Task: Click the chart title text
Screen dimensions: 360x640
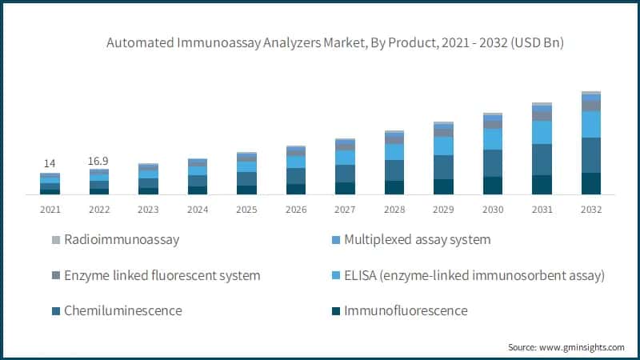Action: click(x=335, y=43)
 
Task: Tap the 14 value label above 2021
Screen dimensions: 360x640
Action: click(x=50, y=163)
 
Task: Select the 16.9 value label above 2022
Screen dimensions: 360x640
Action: click(x=99, y=161)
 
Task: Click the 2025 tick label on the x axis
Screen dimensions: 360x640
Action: click(x=246, y=210)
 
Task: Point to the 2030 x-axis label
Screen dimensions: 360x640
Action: click(x=493, y=210)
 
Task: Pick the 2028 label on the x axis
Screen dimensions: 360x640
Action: click(x=394, y=210)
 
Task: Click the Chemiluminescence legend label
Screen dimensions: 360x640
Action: click(x=127, y=310)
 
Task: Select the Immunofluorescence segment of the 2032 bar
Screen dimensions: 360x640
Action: click(x=591, y=183)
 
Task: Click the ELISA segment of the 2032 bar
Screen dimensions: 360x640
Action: click(x=591, y=124)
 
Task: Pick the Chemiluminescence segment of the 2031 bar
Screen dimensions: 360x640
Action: click(x=542, y=159)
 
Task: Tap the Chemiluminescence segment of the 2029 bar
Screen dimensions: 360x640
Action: click(x=443, y=166)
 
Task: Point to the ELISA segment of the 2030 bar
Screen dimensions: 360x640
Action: click(x=493, y=139)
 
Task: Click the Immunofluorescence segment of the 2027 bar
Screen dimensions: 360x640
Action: click(x=345, y=188)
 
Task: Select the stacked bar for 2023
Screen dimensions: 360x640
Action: click(x=148, y=179)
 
